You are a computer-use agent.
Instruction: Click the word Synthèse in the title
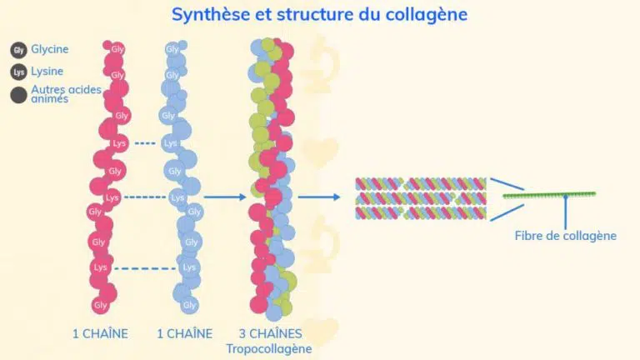[211, 15]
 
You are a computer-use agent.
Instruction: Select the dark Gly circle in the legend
[18, 50]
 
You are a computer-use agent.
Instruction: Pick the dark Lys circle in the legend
[18, 72]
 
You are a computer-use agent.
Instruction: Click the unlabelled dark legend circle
[18, 95]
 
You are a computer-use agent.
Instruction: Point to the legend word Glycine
[50, 49]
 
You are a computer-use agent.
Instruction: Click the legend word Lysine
[47, 72]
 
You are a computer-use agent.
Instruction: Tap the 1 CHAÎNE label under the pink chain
[100, 333]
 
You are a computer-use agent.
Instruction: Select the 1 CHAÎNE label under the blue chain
[185, 333]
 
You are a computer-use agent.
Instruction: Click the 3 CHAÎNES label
[271, 333]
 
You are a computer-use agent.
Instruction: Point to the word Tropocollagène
[269, 349]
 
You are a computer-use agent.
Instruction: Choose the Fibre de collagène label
[565, 236]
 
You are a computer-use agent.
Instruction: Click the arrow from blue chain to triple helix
[225, 197]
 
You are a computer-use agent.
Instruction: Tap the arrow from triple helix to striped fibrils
[319, 197]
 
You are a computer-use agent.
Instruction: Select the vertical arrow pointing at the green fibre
[565, 212]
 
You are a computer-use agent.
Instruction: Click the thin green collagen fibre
[549, 195]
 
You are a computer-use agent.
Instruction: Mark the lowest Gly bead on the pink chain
[100, 305]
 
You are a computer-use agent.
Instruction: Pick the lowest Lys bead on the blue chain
[189, 267]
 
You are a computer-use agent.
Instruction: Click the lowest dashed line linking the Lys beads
[145, 268]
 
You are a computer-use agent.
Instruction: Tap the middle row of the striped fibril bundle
[421, 198]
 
